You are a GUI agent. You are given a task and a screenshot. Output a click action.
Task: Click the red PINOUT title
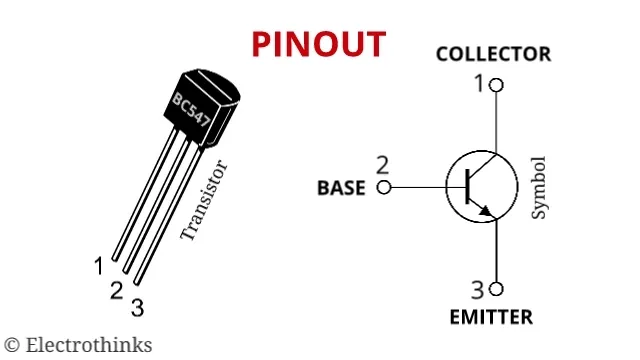point(319,44)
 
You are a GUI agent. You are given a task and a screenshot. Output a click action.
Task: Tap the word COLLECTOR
point(493,54)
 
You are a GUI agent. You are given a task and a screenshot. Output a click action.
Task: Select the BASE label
point(341,188)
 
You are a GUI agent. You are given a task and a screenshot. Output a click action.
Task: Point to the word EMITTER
point(491,317)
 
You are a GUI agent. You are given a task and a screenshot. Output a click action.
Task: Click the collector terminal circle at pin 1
point(496,85)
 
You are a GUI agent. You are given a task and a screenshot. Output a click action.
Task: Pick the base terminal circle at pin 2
point(384,188)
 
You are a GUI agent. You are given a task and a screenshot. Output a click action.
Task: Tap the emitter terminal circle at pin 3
point(496,289)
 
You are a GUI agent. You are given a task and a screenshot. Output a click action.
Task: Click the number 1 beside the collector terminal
point(479,84)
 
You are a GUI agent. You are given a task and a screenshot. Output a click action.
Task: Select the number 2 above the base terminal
point(382,165)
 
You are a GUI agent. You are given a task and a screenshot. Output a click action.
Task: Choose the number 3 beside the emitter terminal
point(478,290)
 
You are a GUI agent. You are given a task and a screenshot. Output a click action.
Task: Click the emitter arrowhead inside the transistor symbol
point(485,210)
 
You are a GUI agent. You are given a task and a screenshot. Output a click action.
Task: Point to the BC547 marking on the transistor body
point(191,110)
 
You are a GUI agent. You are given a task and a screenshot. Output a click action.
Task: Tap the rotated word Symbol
point(538,187)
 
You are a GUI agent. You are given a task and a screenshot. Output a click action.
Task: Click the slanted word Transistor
point(203,200)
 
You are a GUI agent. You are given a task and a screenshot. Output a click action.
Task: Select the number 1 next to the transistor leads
point(99,266)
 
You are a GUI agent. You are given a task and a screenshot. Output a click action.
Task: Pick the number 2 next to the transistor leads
point(116,291)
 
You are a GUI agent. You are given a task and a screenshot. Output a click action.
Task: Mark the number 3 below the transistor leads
point(138,308)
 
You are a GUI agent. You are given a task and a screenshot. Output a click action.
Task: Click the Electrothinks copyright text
point(78,345)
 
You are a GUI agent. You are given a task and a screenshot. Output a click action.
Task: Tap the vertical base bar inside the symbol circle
point(468,187)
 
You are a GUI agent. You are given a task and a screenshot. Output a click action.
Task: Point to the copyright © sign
point(12,345)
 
